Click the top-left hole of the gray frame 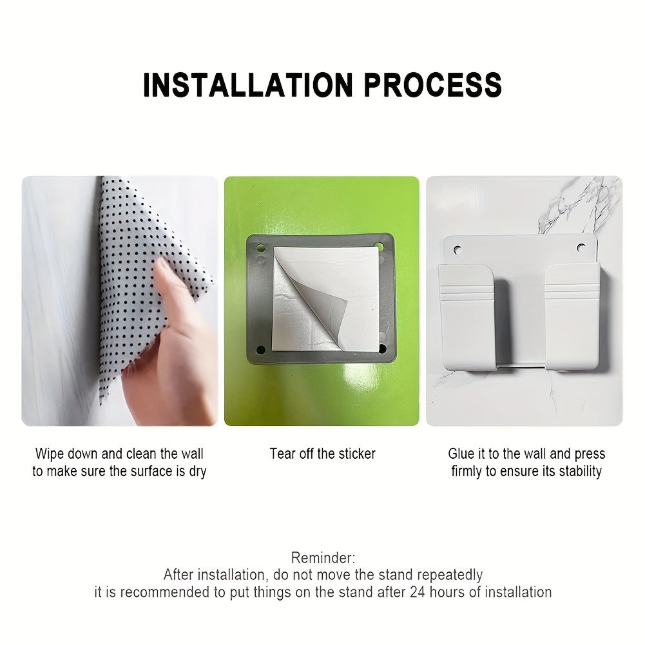(x=262, y=247)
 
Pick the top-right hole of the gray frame (x=380, y=246)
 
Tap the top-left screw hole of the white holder (x=458, y=247)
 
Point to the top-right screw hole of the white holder (x=581, y=247)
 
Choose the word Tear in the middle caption (x=282, y=454)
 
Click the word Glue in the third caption (x=461, y=454)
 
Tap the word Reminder (x=323, y=558)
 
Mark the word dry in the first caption (x=197, y=471)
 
